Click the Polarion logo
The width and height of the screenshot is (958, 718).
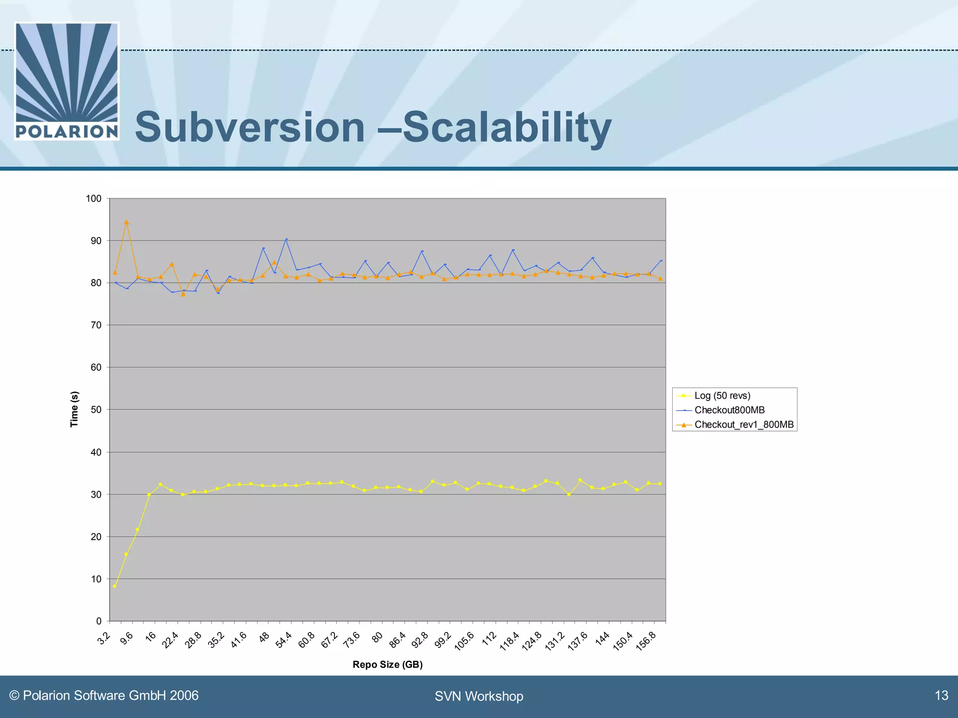(67, 81)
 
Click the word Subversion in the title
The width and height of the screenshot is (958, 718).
(250, 127)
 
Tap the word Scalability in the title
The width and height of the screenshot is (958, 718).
(507, 127)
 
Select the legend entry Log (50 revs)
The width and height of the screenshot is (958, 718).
(722, 395)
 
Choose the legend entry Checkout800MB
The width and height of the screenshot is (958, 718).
(729, 410)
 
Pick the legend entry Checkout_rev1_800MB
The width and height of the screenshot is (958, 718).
(744, 424)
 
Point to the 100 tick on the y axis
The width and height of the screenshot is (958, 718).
(94, 199)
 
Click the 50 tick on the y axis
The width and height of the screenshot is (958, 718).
(96, 410)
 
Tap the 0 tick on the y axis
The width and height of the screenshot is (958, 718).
(99, 621)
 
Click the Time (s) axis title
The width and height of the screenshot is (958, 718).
(74, 409)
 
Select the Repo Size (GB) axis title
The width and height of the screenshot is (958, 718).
(387, 664)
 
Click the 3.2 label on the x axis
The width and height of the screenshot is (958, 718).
(104, 638)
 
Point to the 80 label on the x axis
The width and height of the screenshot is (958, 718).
(377, 637)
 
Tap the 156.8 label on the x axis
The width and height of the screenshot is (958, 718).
(646, 641)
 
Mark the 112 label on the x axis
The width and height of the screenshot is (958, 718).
(489, 638)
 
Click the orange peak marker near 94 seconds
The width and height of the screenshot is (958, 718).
(126, 223)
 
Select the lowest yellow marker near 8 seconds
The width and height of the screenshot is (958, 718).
(115, 586)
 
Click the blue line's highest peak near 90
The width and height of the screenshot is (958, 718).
(286, 239)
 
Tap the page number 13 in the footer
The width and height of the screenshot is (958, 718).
(941, 696)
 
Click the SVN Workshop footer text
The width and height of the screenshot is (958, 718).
(479, 696)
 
